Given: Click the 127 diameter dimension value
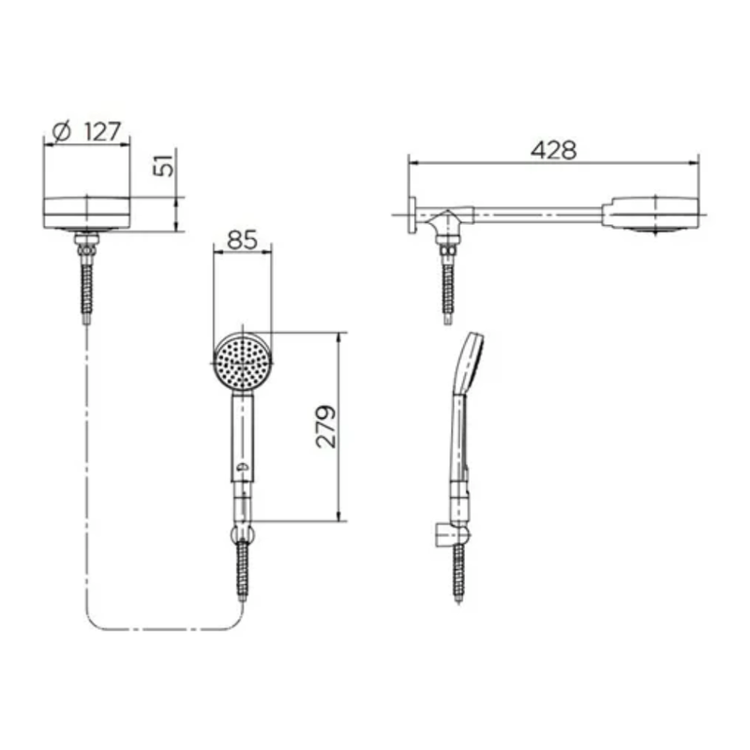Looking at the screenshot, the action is [x=102, y=131].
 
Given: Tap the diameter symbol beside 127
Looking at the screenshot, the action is [x=62, y=131].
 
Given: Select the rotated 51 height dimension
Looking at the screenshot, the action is [x=163, y=166].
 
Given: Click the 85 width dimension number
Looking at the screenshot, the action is [x=242, y=240].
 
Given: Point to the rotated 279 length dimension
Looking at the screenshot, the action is [x=326, y=427].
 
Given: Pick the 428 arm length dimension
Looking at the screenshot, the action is [x=553, y=150].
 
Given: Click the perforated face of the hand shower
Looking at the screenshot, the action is [x=243, y=363].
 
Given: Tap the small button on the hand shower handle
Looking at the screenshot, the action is [x=243, y=467].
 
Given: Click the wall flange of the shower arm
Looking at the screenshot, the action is [x=412, y=216].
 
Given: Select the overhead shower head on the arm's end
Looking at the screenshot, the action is [x=653, y=215].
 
